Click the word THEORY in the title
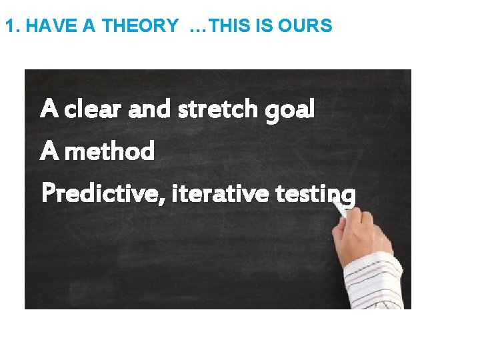click(x=140, y=26)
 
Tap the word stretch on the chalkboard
click(x=219, y=108)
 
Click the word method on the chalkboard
click(x=110, y=151)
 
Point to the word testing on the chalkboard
click(x=315, y=195)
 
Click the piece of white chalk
click(x=340, y=209)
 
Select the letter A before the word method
click(x=49, y=151)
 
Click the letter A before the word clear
click(x=49, y=108)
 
